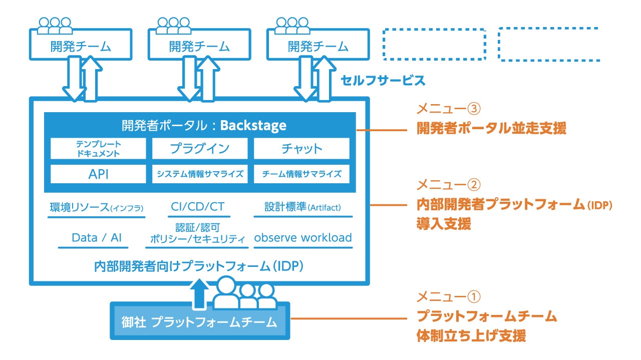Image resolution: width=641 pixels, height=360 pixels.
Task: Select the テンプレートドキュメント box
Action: coord(98,149)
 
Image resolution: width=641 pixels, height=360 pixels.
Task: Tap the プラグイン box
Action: coord(200,149)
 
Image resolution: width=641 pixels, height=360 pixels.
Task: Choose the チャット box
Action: coord(301,149)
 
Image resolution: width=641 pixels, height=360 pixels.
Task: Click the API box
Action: coord(98,174)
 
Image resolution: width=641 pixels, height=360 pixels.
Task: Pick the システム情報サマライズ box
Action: coord(200,174)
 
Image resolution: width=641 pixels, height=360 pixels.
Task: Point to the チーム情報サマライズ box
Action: coord(301,174)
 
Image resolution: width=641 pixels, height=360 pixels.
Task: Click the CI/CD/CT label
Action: coord(199,207)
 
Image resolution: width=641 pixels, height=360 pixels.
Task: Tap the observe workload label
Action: coord(303,238)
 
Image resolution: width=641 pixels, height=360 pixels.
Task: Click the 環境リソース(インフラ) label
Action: coord(97,207)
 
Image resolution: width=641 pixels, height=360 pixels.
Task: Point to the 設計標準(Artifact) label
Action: coord(302,207)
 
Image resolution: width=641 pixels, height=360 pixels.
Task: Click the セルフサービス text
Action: coord(383,80)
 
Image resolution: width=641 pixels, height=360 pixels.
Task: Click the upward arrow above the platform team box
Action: coord(200,293)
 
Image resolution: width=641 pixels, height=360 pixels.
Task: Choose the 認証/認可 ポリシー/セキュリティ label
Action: coord(198,233)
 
